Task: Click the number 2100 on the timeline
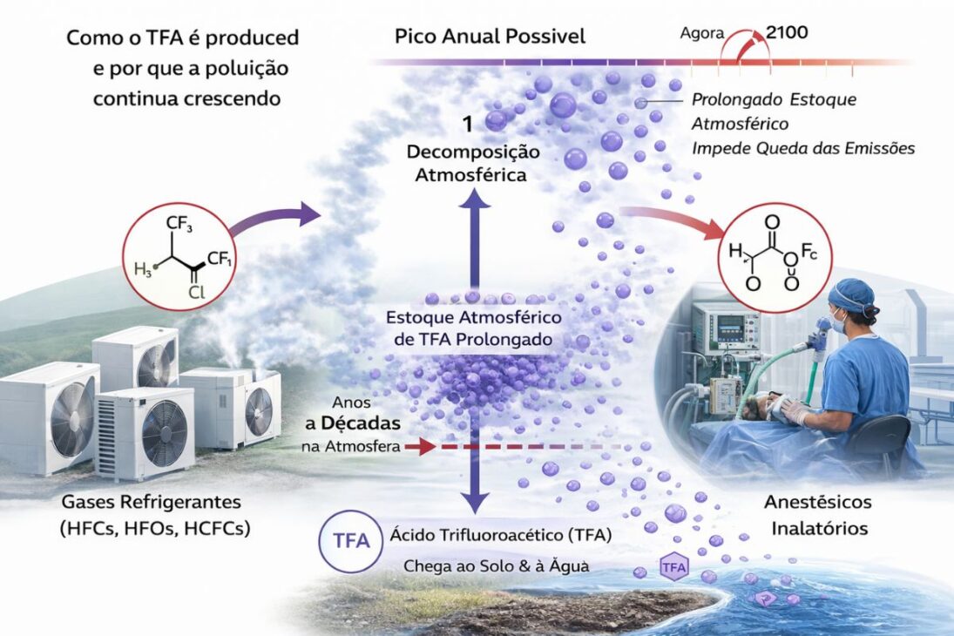coord(787,34)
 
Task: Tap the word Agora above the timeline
coord(701,36)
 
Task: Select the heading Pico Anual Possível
coord(490,37)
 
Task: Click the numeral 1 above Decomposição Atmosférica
coord(468,125)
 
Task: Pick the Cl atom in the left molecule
coord(197,293)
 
